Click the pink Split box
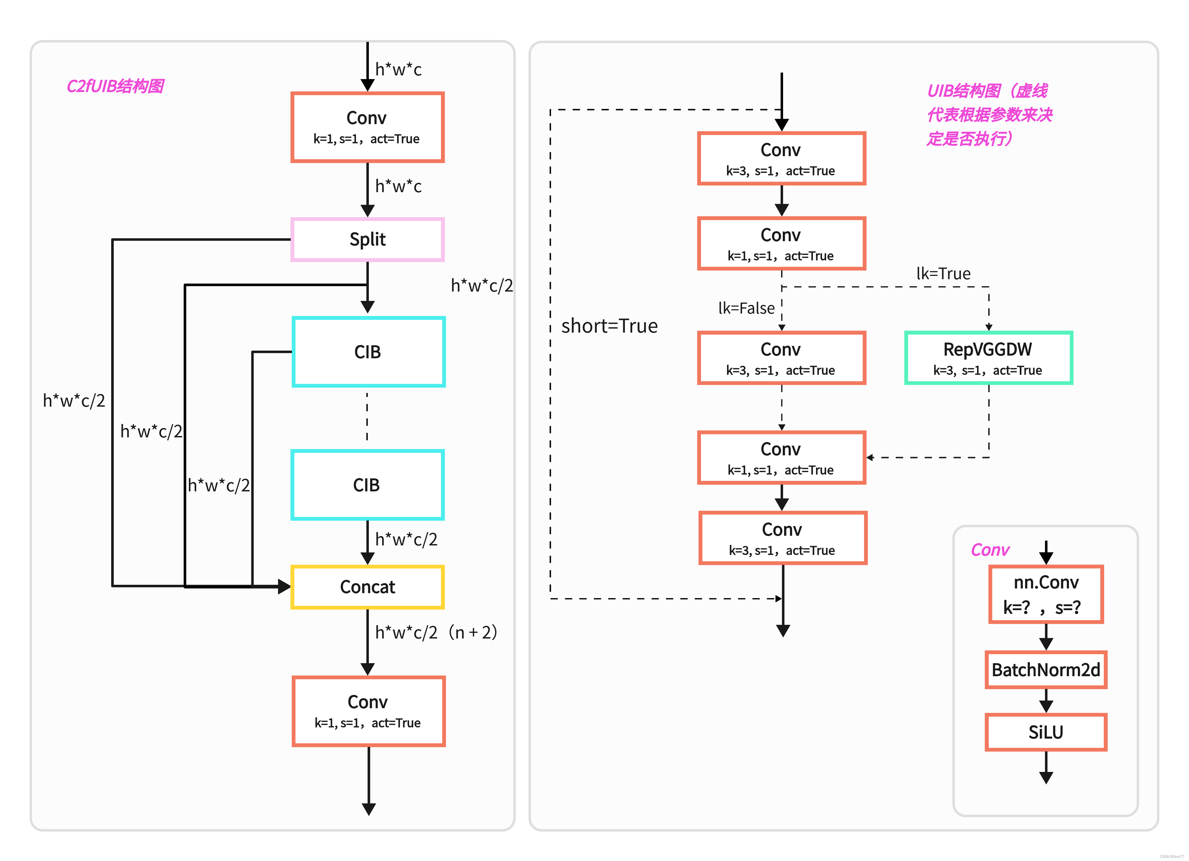tap(368, 240)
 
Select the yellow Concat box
tap(368, 587)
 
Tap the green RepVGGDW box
tap(988, 358)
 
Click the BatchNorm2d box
tap(1046, 670)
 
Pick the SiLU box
tap(1046, 732)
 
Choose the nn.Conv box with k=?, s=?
tap(1046, 594)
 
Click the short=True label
tap(609, 326)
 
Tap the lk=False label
tap(746, 308)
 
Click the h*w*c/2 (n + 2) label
tap(436, 632)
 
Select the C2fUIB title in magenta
tap(115, 86)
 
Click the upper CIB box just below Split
tap(368, 352)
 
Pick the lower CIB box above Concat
tap(367, 485)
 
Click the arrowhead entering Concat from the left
tap(284, 586)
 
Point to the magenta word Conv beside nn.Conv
tap(990, 550)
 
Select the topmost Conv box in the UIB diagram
tap(781, 158)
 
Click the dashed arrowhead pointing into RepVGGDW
tap(989, 327)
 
